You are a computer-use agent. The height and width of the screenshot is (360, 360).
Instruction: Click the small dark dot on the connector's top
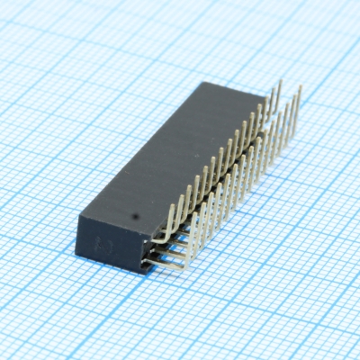point(134,216)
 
